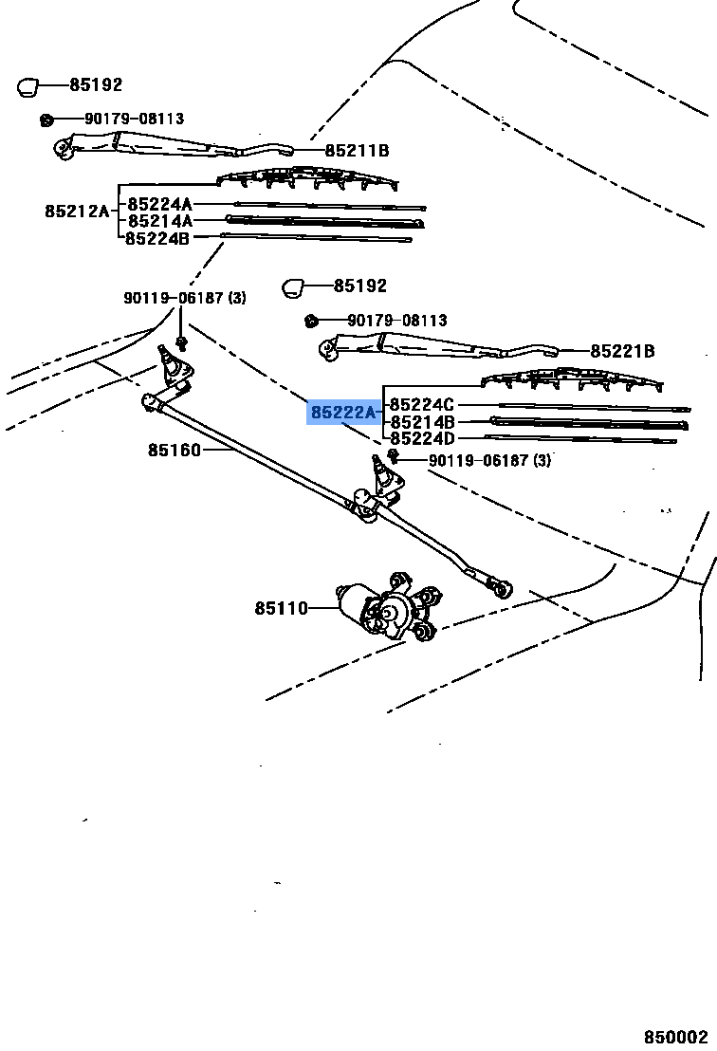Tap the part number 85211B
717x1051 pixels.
[x=357, y=151]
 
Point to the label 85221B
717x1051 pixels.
[x=622, y=351]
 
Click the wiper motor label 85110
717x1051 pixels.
[x=281, y=608]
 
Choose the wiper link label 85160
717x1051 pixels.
[x=174, y=450]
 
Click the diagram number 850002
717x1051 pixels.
[x=677, y=1038]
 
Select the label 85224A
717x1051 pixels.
[x=160, y=204]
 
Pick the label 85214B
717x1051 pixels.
[x=422, y=421]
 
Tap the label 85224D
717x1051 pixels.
[x=422, y=438]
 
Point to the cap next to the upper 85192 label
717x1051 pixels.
[x=28, y=87]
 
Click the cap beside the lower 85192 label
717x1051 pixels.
[x=293, y=286]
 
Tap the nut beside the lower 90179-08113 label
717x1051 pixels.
[x=309, y=321]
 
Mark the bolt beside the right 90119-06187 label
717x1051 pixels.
[x=392, y=458]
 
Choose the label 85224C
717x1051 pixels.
[x=422, y=405]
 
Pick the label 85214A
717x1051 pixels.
[x=160, y=221]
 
